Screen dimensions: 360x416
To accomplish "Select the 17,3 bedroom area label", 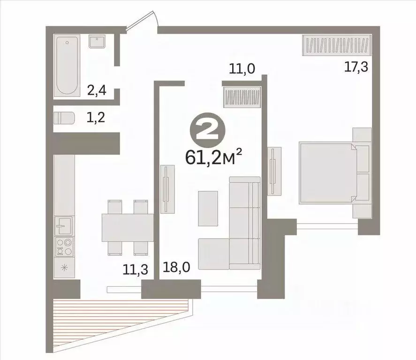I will [356, 67].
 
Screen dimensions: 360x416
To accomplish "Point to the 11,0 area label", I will [242, 69].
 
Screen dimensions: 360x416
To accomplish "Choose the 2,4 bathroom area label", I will [97, 90].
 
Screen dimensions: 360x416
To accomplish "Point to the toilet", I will [64, 118].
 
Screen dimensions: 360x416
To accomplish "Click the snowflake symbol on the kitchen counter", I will [63, 268].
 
